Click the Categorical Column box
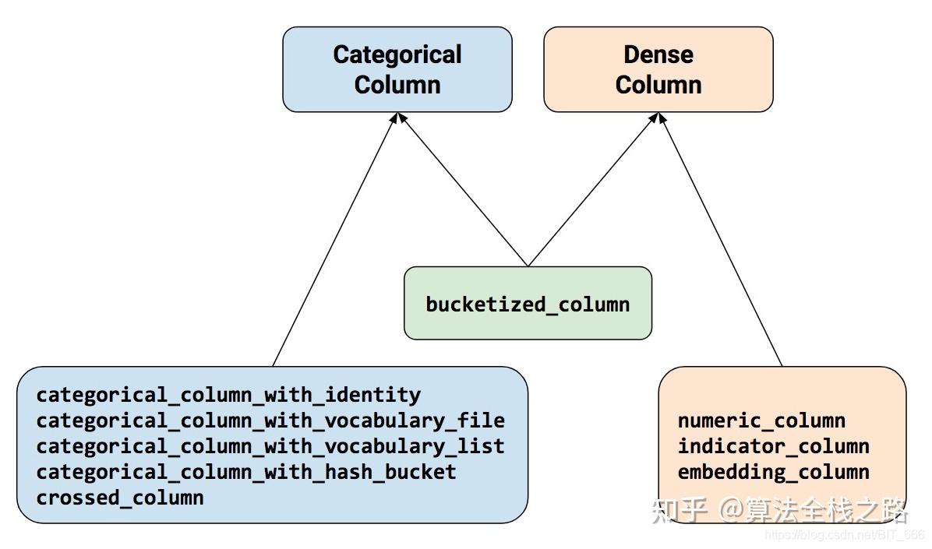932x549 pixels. point(397,69)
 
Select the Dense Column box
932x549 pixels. point(658,69)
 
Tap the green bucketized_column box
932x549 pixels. point(528,304)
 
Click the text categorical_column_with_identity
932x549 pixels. point(228,395)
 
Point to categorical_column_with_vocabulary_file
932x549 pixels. point(270,421)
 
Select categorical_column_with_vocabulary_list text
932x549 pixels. point(270,446)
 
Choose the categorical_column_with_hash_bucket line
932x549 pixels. point(246,472)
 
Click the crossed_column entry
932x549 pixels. point(120,498)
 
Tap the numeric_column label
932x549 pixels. point(761,421)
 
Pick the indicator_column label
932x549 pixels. point(773,446)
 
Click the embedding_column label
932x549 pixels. point(773,472)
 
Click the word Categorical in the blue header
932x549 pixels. point(397,55)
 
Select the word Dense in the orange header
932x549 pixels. point(658,55)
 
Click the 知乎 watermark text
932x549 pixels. point(678,511)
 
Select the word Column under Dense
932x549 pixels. point(658,85)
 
